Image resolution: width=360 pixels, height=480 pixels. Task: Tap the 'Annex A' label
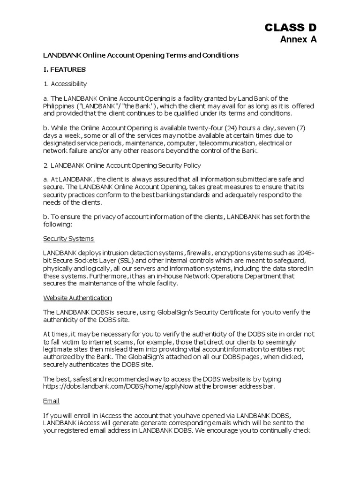[x=298, y=40]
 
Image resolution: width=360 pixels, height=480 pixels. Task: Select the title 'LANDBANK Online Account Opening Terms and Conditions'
[x=141, y=55]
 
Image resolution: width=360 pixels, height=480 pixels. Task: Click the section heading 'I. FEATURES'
[x=64, y=70]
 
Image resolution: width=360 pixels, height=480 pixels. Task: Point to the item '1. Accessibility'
[x=65, y=84]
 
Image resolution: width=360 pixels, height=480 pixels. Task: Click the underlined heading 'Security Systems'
[x=68, y=239]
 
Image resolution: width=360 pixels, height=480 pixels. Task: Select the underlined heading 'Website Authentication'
[x=77, y=298]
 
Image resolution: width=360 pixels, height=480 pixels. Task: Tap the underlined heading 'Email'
[x=51, y=402]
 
